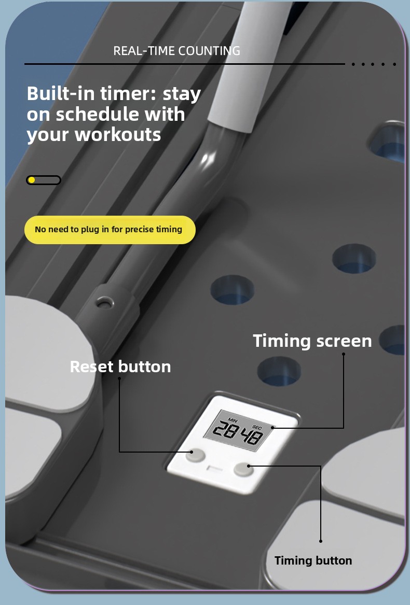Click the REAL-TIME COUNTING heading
[176, 50]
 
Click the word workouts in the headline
[117, 135]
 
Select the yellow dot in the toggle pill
[32, 180]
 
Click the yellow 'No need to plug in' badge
[110, 230]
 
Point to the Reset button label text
[120, 367]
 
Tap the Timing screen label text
[312, 341]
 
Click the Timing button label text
[313, 560]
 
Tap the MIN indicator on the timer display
[233, 420]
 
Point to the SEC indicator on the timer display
[257, 427]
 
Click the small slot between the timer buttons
[215, 469]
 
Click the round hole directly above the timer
[279, 371]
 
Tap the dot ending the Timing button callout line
[320, 541]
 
